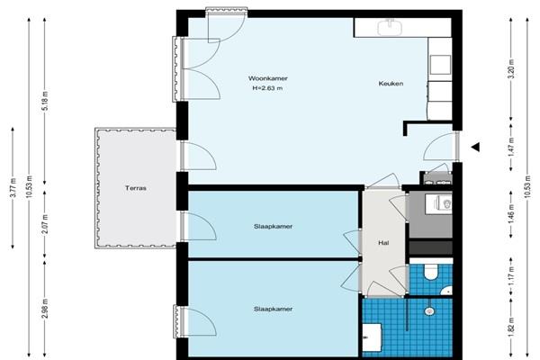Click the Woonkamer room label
(268, 78)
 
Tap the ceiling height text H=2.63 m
(267, 88)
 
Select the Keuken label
(391, 84)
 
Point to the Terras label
(136, 188)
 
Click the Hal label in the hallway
(383, 243)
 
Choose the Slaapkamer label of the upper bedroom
(273, 226)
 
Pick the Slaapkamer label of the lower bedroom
(273, 309)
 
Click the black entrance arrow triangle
(475, 147)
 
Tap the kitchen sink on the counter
(391, 28)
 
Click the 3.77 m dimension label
(13, 188)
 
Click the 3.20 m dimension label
(511, 69)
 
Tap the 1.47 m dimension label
(511, 147)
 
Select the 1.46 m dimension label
(511, 213)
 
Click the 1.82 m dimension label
(511, 328)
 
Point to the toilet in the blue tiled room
(430, 271)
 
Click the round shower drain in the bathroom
(429, 310)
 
